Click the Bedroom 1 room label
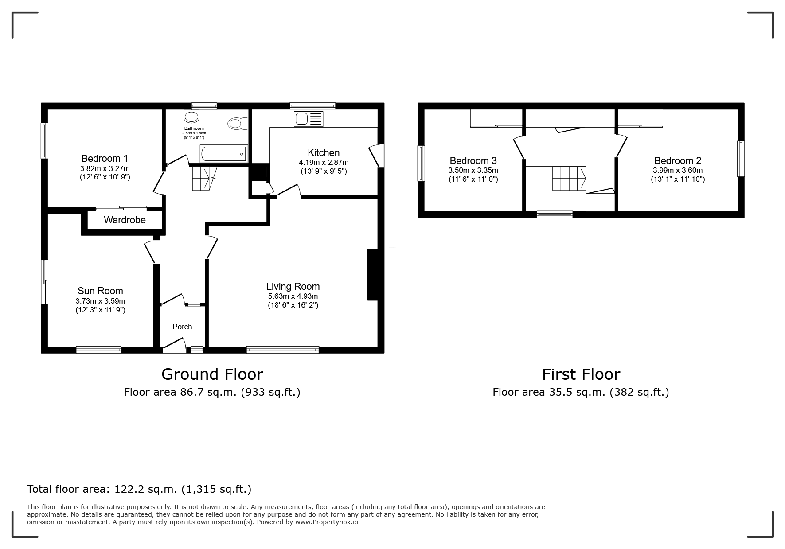click(105, 158)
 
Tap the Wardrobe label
click(125, 220)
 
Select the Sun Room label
click(100, 291)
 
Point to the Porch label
click(182, 327)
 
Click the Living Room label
click(293, 286)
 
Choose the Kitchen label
click(324, 152)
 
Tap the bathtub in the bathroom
click(224, 154)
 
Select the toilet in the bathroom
click(238, 123)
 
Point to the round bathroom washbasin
click(191, 117)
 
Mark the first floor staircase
click(569, 178)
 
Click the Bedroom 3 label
click(473, 160)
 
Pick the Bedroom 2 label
click(678, 160)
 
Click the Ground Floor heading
click(212, 374)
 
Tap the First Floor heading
click(581, 374)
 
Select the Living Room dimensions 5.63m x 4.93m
click(293, 296)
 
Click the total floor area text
click(139, 489)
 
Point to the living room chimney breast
click(372, 275)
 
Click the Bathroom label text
click(194, 128)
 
